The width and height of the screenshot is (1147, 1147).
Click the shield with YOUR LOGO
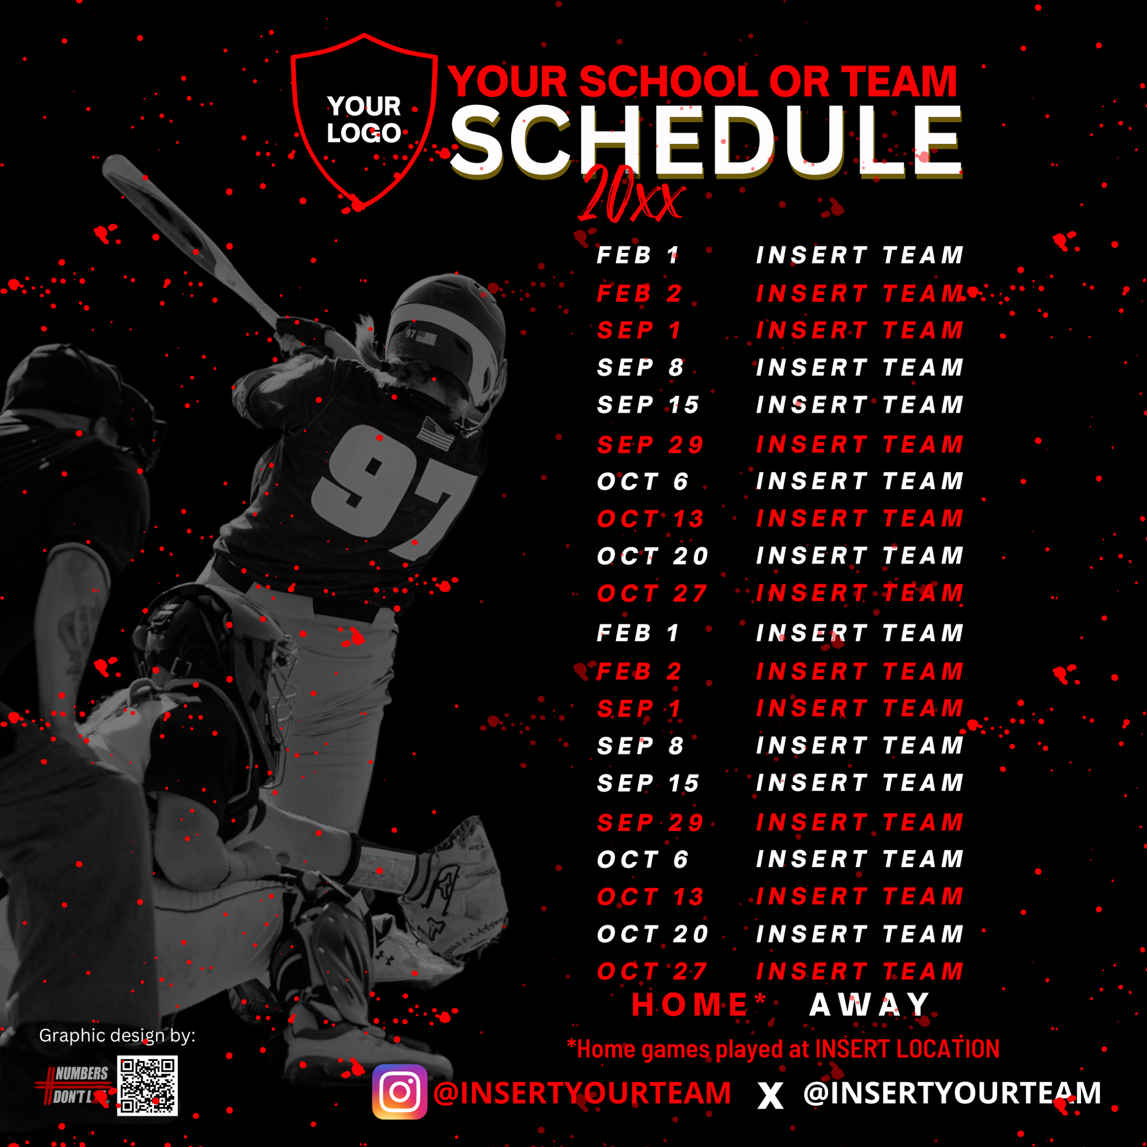[364, 121]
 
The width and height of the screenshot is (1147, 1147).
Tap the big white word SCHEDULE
[706, 143]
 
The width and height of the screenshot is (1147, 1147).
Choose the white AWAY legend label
[870, 1005]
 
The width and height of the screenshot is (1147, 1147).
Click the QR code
[147, 1086]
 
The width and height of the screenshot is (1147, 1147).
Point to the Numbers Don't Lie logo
[74, 1085]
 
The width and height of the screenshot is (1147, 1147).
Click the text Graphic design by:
[117, 1036]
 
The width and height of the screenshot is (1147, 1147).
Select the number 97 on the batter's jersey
[392, 490]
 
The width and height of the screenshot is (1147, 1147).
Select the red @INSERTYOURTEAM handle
[582, 1093]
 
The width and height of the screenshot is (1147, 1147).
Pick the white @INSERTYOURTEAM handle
[952, 1093]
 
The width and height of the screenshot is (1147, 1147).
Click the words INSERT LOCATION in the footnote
[907, 1049]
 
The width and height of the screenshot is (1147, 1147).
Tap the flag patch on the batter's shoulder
[435, 433]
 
